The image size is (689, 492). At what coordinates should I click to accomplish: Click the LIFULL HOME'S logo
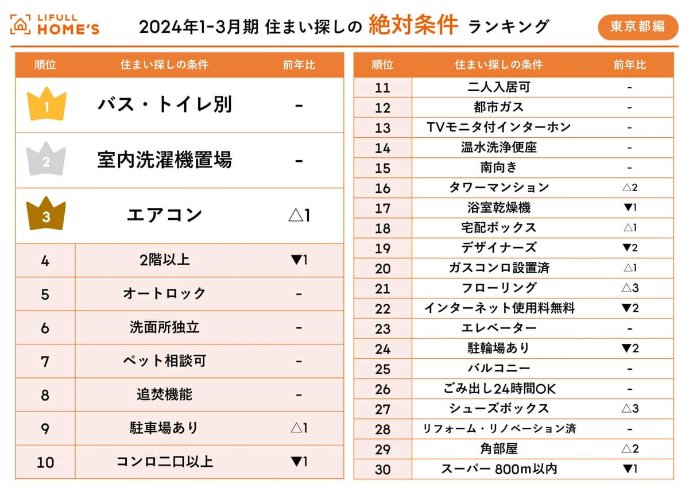point(55,25)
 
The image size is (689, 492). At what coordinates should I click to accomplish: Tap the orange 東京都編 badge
point(637,26)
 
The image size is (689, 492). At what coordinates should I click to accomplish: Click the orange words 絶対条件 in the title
point(413,25)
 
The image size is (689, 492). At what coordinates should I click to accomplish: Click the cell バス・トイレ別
point(165,105)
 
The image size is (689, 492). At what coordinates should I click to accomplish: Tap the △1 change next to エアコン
point(299,216)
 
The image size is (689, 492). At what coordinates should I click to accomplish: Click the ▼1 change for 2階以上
point(299,260)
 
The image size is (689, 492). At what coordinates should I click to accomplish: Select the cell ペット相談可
point(165,361)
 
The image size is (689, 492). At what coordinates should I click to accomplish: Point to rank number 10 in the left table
point(45,462)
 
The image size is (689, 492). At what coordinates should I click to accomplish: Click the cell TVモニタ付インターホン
point(498,127)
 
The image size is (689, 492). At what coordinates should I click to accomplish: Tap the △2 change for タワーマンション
point(630,188)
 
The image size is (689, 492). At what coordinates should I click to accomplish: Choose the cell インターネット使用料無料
point(498,308)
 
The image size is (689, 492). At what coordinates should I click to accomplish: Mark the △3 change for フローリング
point(630,288)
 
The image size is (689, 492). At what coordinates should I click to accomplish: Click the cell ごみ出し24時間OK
point(498,389)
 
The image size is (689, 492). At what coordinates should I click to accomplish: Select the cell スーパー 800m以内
point(498,469)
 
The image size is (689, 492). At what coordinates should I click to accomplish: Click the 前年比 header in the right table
point(629,65)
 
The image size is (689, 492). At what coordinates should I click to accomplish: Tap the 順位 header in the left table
point(45,65)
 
